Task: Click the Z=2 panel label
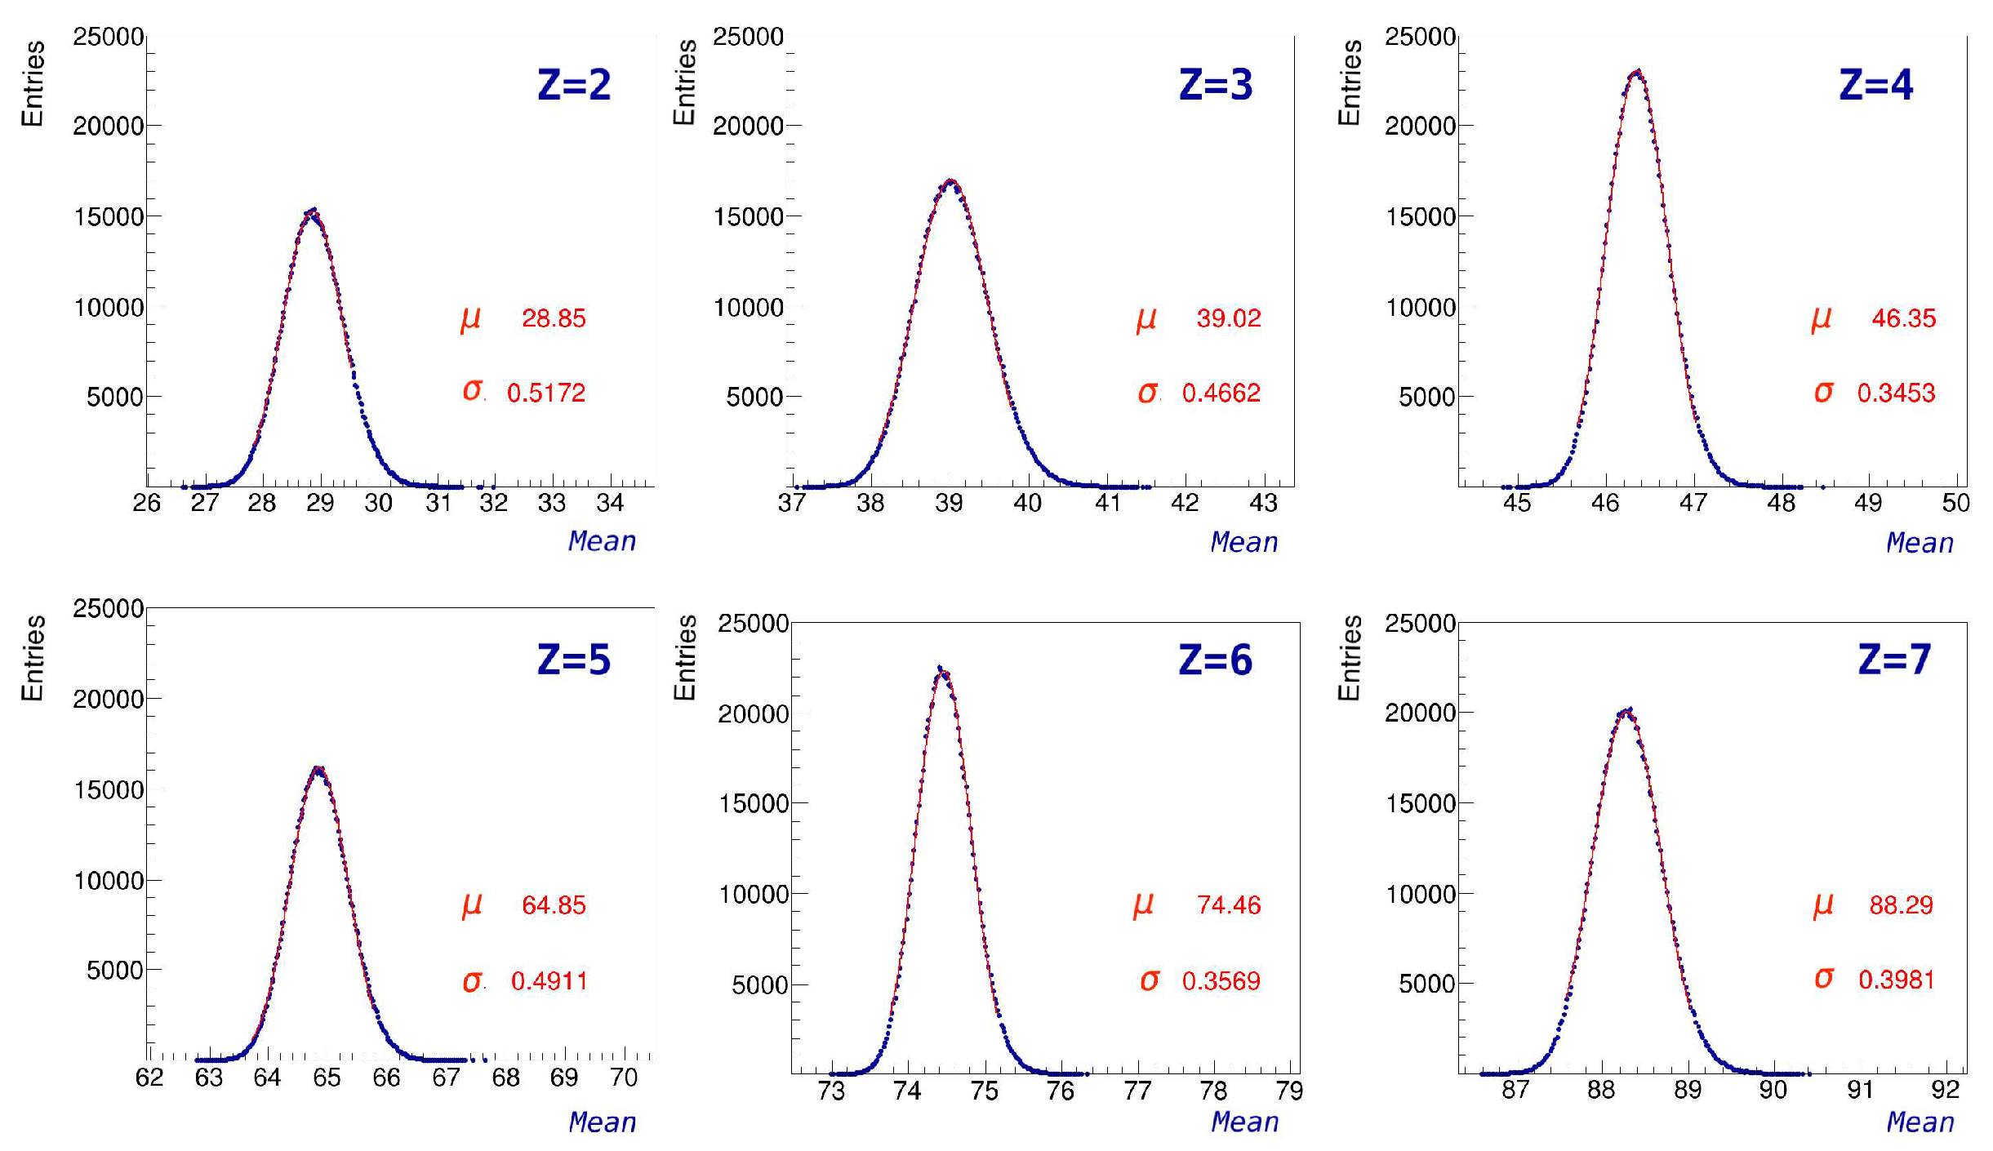(x=574, y=85)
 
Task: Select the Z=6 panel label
(x=1215, y=660)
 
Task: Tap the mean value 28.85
(x=554, y=318)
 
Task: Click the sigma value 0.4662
(x=1221, y=393)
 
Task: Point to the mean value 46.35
(x=1903, y=318)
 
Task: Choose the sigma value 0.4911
(x=549, y=980)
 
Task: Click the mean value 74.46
(x=1228, y=904)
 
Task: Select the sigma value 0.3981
(x=1896, y=979)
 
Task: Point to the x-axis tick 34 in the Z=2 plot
(x=610, y=503)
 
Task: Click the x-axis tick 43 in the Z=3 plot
(x=1263, y=503)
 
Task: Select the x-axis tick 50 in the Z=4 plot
(x=1955, y=503)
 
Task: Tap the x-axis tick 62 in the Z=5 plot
(x=149, y=1078)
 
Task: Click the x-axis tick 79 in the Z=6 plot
(x=1289, y=1091)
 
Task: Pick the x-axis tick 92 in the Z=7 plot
(x=1945, y=1090)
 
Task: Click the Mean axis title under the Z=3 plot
(x=1243, y=542)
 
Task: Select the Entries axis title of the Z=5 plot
(x=33, y=658)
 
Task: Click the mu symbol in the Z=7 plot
(x=1823, y=904)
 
